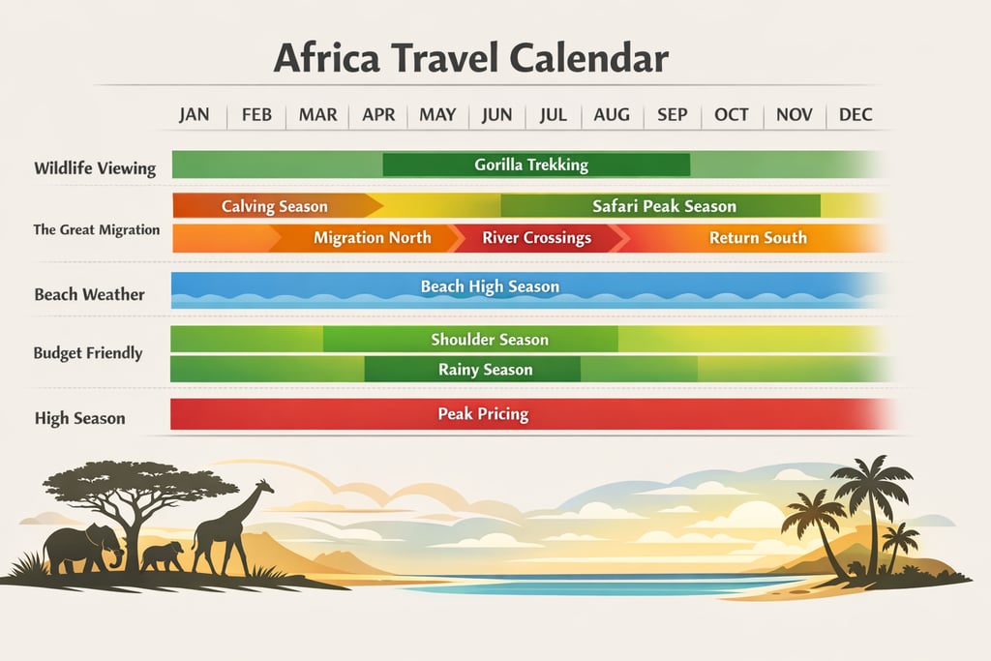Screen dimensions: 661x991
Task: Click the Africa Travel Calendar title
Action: pyautogui.click(x=470, y=58)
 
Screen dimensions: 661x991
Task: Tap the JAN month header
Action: pyautogui.click(x=195, y=114)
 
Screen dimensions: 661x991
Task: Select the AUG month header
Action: pyautogui.click(x=612, y=114)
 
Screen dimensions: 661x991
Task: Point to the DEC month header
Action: pyautogui.click(x=856, y=114)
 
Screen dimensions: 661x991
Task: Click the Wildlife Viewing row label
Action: pyautogui.click(x=95, y=168)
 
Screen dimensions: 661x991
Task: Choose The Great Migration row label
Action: pyautogui.click(x=96, y=229)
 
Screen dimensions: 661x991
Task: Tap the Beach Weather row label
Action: pyautogui.click(x=89, y=294)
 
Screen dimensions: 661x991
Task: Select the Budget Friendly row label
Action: pyautogui.click(x=88, y=353)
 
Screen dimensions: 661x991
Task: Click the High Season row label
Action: pyautogui.click(x=80, y=419)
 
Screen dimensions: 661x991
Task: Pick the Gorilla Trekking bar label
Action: pyautogui.click(x=531, y=165)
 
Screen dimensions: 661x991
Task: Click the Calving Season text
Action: pyautogui.click(x=274, y=206)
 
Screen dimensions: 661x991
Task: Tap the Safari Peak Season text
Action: pyautogui.click(x=664, y=206)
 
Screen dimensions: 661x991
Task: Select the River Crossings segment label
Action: pyautogui.click(x=536, y=237)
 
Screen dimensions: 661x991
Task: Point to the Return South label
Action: pyautogui.click(x=758, y=237)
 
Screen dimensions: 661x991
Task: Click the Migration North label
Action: pyautogui.click(x=373, y=237)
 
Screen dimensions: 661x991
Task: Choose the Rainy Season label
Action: pyautogui.click(x=485, y=370)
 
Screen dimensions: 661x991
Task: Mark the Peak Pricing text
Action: pyautogui.click(x=483, y=414)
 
